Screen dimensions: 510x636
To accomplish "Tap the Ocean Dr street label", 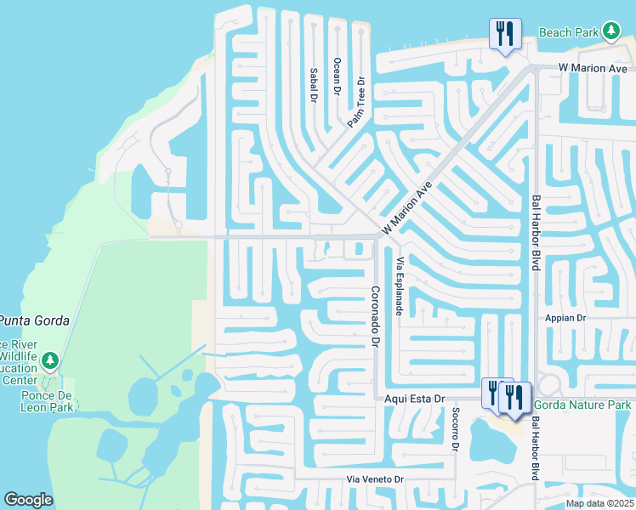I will point(337,76).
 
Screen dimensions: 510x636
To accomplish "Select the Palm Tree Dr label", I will point(355,103).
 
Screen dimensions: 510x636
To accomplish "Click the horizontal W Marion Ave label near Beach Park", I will point(592,68).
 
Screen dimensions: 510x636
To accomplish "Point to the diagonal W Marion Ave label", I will point(407,208).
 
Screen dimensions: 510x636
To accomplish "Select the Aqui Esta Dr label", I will point(415,398).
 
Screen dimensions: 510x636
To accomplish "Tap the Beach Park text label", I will point(569,33).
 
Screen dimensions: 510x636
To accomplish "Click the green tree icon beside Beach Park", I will point(610,32).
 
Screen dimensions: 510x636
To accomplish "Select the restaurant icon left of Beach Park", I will point(504,34).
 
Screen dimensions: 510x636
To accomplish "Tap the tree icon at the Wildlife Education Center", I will point(50,361).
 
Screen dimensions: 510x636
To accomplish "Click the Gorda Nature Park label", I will point(582,405).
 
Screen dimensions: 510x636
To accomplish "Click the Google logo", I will point(28,500).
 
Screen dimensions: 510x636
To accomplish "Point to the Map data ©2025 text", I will point(599,503).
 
